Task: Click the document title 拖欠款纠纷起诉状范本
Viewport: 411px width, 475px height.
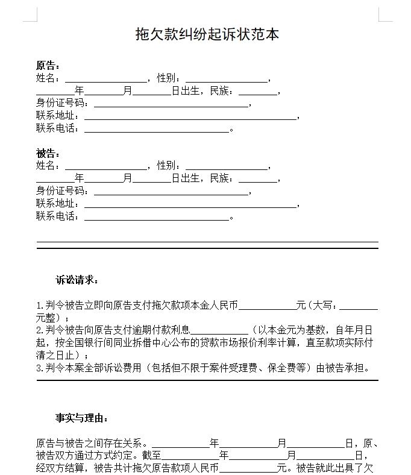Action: tap(207, 34)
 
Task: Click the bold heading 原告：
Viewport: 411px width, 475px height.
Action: tap(48, 66)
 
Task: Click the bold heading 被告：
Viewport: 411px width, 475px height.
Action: tap(48, 153)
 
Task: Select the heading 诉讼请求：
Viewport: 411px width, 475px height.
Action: tap(77, 280)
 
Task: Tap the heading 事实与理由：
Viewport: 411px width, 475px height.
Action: tap(82, 418)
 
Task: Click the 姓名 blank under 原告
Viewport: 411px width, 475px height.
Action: tap(105, 79)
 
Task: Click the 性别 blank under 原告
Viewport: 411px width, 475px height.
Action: tap(226, 79)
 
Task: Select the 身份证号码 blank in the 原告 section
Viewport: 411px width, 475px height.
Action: tap(171, 104)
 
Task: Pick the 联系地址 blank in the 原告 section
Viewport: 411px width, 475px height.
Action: tap(190, 117)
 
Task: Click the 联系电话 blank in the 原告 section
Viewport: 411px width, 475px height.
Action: tap(157, 130)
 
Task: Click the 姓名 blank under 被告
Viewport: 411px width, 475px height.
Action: tap(105, 166)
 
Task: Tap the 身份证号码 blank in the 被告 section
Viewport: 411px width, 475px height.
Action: tap(171, 192)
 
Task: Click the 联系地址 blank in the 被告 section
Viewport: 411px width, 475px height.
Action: tap(190, 204)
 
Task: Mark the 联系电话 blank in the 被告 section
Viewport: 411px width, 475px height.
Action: tap(157, 217)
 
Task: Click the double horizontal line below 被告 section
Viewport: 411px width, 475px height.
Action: tap(207, 245)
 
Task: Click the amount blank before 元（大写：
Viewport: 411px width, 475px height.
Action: tap(267, 307)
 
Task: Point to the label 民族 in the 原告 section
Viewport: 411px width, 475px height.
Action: tap(219, 92)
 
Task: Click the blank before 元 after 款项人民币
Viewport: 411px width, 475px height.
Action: tap(247, 469)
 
